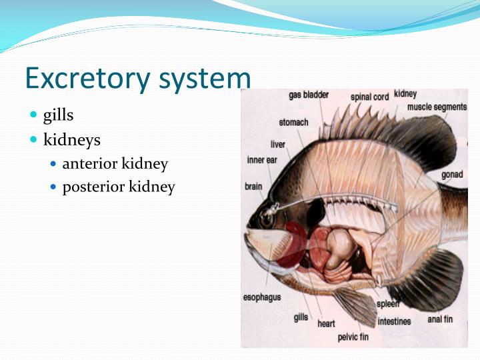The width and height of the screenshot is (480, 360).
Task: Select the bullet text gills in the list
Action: [x=58, y=115]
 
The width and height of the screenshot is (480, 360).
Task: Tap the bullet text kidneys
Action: [x=71, y=140]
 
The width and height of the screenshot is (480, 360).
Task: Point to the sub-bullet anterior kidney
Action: [x=115, y=164]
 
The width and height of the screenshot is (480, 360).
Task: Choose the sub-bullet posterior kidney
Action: [x=118, y=187]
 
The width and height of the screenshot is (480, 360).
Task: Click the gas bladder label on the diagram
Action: [x=308, y=95]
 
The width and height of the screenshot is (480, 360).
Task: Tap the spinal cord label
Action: [x=369, y=97]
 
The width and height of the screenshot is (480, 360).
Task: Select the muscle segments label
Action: [x=437, y=107]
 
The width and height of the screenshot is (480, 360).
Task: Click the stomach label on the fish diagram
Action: [x=293, y=123]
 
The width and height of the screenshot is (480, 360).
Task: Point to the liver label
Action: [x=278, y=144]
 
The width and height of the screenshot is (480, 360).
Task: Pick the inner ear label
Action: [x=261, y=160]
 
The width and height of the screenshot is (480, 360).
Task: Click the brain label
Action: [x=253, y=187]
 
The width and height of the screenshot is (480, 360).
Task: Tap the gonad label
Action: [x=452, y=175]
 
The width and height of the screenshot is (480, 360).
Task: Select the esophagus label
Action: [x=262, y=297]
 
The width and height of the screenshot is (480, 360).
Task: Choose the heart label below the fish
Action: [x=326, y=323]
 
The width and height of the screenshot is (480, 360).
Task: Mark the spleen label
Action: [x=387, y=304]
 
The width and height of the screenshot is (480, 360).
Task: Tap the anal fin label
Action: [x=440, y=319]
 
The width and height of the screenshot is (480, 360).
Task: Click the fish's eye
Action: [x=267, y=217]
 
